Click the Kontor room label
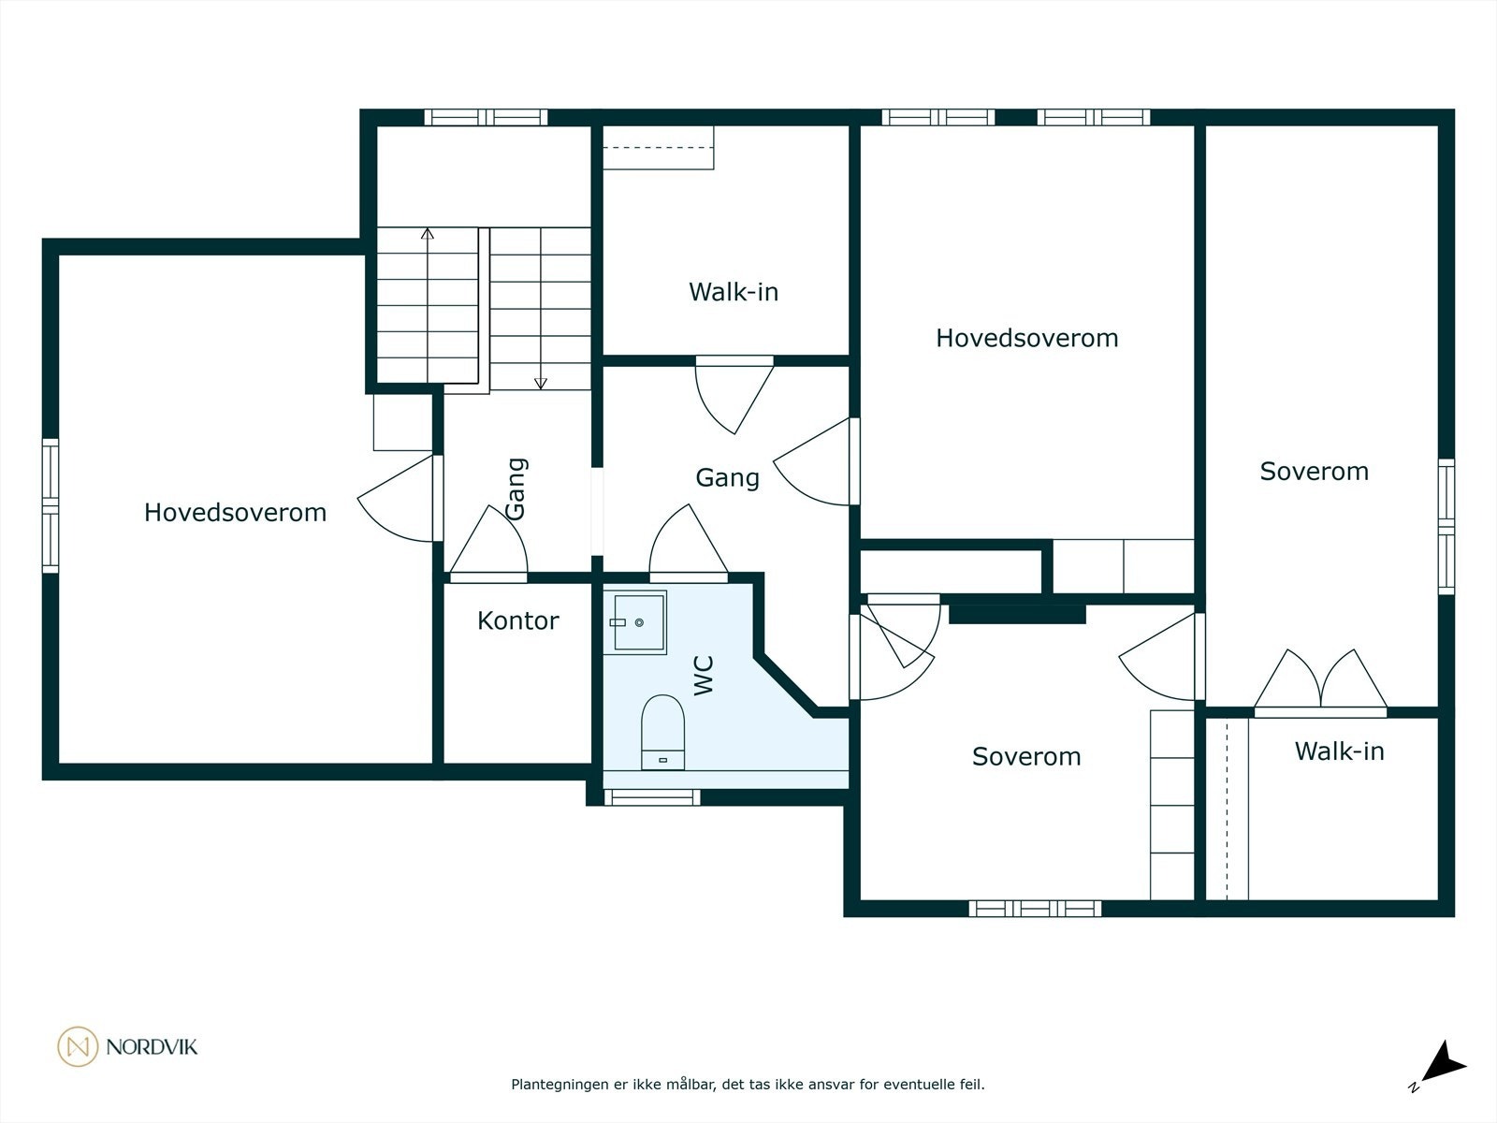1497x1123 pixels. [x=517, y=620]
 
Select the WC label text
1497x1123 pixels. [x=704, y=675]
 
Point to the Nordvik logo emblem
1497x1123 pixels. [x=78, y=1046]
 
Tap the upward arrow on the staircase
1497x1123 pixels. [x=428, y=234]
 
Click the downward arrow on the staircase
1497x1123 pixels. [x=540, y=382]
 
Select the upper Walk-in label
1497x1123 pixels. [x=734, y=292]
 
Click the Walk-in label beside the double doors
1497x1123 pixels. [x=1339, y=751]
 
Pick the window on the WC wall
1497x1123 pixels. [x=651, y=797]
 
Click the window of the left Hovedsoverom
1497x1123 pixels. [x=51, y=505]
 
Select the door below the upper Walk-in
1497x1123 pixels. [x=735, y=393]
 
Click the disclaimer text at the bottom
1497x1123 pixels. [x=748, y=1085]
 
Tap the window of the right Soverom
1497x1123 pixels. [x=1446, y=527]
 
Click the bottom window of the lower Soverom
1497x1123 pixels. [x=1035, y=908]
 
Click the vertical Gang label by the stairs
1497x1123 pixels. [x=516, y=488]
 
